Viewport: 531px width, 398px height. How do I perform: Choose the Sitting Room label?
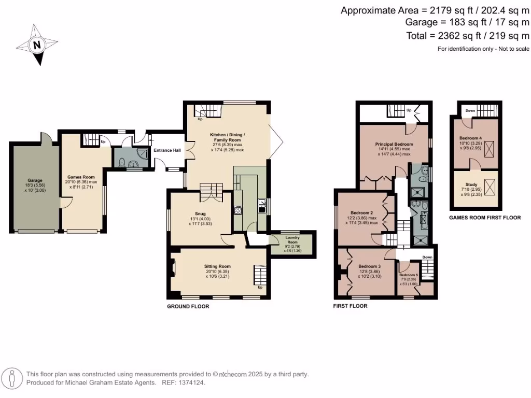217,266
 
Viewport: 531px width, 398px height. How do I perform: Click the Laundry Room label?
293,239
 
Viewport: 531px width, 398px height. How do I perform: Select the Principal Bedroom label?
394,144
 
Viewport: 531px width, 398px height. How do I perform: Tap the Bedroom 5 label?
409,275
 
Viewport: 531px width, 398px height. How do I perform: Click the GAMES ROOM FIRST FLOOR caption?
484,218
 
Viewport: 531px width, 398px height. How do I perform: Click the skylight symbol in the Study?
489,186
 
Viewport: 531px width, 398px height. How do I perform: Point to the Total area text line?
468,36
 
